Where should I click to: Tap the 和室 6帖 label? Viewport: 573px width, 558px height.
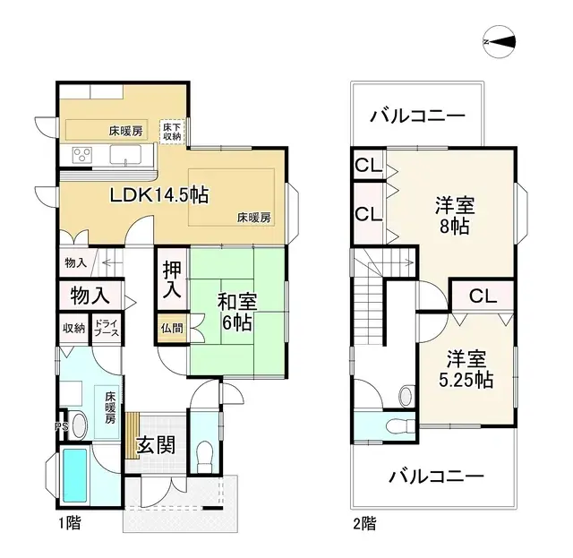(x=237, y=311)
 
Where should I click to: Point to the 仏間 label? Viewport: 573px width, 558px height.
(x=172, y=329)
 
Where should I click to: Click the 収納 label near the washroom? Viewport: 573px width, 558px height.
(x=73, y=328)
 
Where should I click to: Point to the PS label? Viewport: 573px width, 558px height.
(x=61, y=426)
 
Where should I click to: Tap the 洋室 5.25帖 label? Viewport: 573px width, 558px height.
(x=467, y=369)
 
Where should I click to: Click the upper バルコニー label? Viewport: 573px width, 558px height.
(x=416, y=116)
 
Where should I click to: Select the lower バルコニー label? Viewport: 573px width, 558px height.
(x=435, y=476)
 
